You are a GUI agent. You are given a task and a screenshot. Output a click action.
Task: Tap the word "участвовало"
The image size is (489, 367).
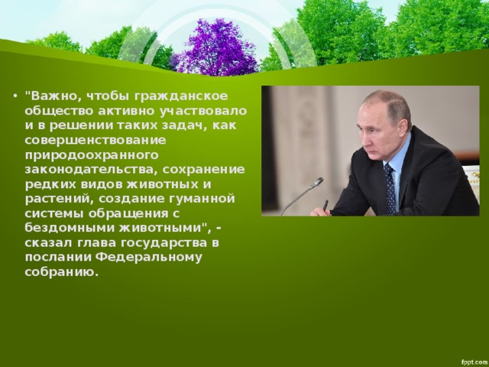click(203, 112)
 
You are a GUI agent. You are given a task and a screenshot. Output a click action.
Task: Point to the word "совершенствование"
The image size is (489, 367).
click(95, 140)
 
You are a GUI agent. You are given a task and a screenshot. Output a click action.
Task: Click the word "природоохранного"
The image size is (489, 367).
click(92, 155)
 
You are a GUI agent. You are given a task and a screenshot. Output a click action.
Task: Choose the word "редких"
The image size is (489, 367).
click(50, 185)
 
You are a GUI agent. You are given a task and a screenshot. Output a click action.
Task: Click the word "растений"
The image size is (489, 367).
click(57, 199)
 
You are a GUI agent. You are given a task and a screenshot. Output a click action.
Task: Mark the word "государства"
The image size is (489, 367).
click(164, 243)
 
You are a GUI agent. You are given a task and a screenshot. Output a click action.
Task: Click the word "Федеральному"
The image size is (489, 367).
click(149, 258)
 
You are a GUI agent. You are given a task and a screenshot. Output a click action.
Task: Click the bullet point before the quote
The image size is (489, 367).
click(15, 96)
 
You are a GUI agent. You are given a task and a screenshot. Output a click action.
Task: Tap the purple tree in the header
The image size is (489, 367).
click(219, 47)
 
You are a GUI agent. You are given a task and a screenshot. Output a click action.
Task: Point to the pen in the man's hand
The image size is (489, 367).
click(325, 206)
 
